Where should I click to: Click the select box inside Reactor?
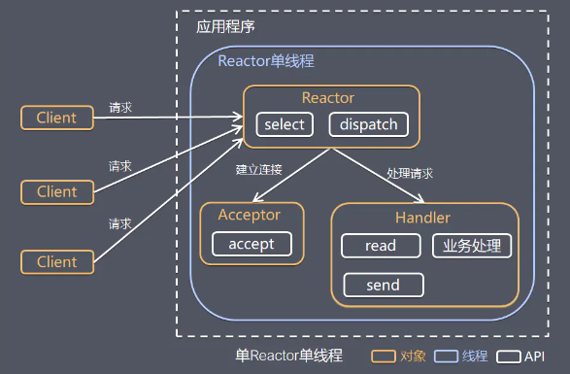[x=284, y=124]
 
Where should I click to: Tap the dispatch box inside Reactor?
[x=368, y=124]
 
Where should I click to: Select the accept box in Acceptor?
[x=251, y=244]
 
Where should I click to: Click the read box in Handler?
[x=380, y=246]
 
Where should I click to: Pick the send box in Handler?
[x=384, y=285]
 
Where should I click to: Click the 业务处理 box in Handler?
[x=471, y=246]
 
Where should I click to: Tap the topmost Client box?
[x=56, y=119]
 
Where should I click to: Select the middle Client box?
[x=56, y=191]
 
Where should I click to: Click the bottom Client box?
[x=56, y=262]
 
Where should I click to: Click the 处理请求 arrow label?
[x=410, y=173]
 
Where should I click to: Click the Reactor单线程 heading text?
[x=265, y=60]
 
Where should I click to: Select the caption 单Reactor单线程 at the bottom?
[x=289, y=356]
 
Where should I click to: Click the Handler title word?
[x=422, y=218]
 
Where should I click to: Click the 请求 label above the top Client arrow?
[x=120, y=107]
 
